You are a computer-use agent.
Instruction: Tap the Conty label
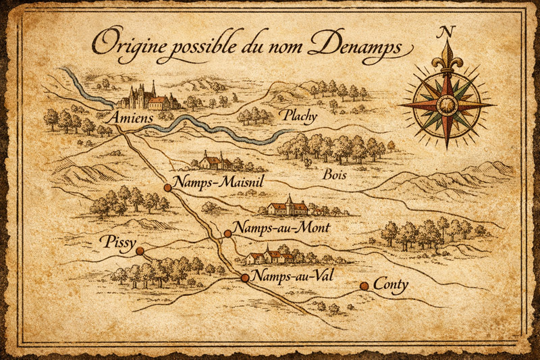tap(391, 284)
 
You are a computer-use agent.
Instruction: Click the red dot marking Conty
tap(364, 286)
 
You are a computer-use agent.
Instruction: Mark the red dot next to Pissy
tap(140, 251)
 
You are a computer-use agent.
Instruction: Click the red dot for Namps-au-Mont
tap(227, 234)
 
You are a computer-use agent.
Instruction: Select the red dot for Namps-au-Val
tap(245, 277)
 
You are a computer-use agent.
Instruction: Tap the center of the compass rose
tap(446, 105)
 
